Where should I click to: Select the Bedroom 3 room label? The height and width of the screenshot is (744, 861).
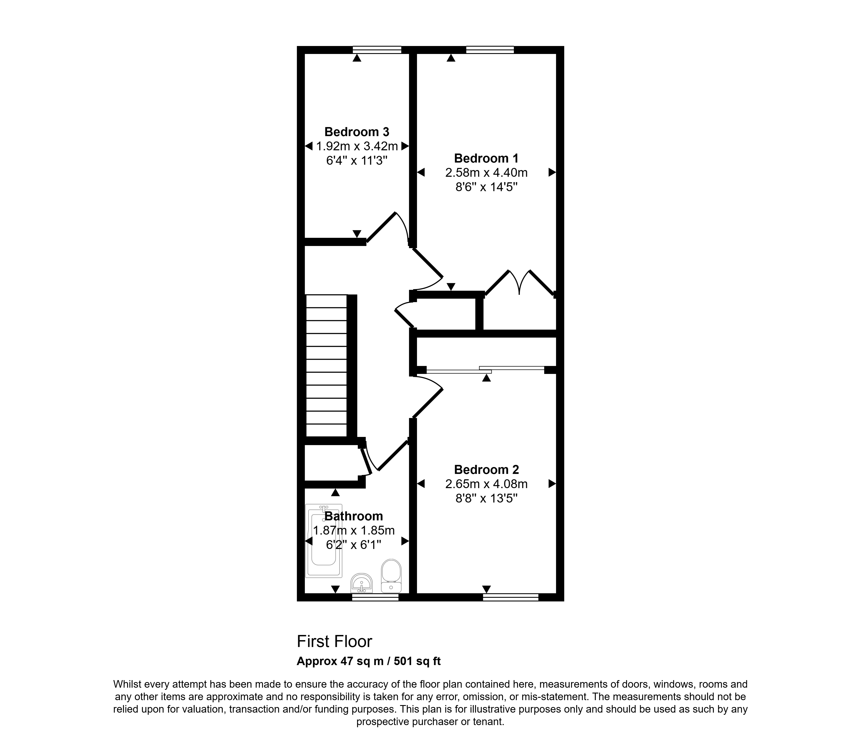(356, 132)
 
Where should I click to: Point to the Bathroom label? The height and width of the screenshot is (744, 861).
(354, 516)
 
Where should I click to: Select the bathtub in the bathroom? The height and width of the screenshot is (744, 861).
(324, 541)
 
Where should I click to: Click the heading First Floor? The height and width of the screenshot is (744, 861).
(334, 641)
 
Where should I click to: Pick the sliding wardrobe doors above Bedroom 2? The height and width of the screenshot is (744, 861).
(485, 369)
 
